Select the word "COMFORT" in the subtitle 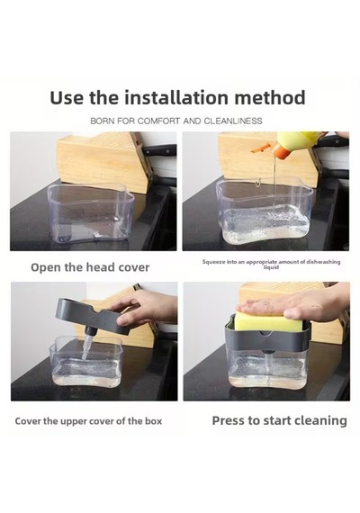[158, 121]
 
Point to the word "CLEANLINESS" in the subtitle [233, 121]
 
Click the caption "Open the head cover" [90, 267]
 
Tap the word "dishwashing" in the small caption [324, 262]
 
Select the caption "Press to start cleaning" [280, 420]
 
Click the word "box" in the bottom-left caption [154, 420]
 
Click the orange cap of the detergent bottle [283, 148]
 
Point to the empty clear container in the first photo [91, 212]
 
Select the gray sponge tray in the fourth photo [266, 337]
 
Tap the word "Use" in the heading [67, 97]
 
